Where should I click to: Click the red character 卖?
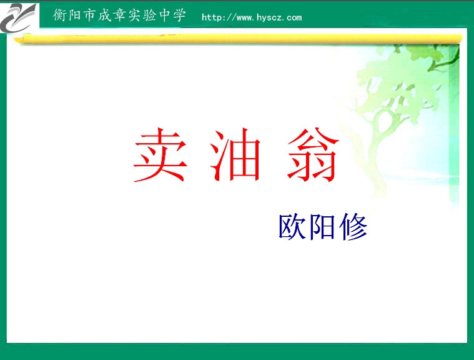(x=160, y=157)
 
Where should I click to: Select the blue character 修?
(x=353, y=227)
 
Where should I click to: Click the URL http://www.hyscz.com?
(x=251, y=17)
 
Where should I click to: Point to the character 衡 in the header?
(x=60, y=16)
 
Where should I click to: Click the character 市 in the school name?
(x=91, y=16)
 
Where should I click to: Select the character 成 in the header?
(x=106, y=16)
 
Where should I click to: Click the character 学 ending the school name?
(x=180, y=16)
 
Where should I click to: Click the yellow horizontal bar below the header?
(x=237, y=38)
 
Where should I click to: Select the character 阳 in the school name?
(x=75, y=16)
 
